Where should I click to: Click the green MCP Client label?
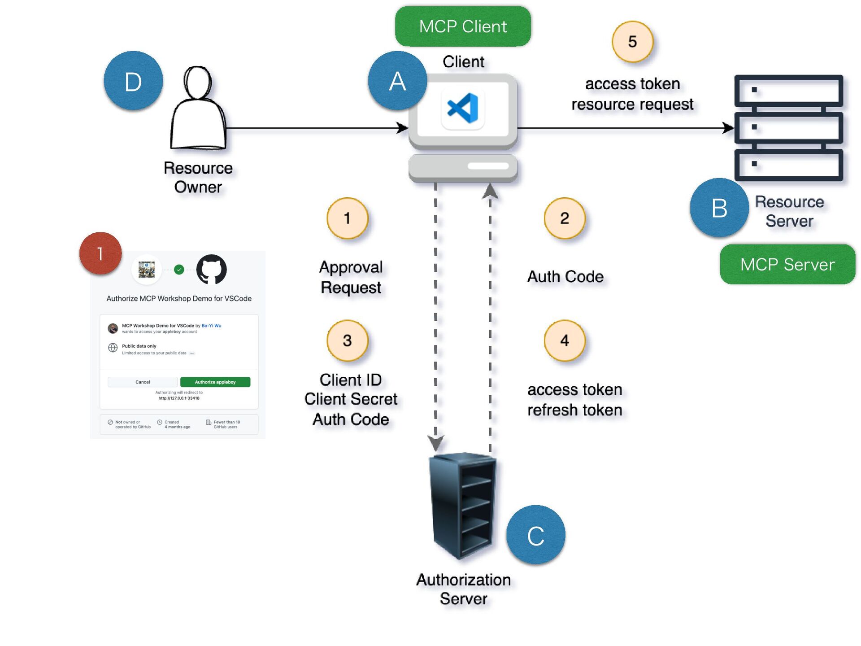(462, 26)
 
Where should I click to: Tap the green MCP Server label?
(787, 264)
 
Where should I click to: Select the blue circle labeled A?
(397, 81)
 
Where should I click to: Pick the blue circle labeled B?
(719, 208)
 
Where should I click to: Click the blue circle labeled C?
(535, 535)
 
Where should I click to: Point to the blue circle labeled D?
(133, 81)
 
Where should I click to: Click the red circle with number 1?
(100, 253)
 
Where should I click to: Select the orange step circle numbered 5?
(632, 42)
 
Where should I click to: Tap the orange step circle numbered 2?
(565, 218)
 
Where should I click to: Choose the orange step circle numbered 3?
(347, 340)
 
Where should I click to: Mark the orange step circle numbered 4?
(565, 340)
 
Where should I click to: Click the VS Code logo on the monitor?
(463, 108)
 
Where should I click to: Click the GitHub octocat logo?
(212, 269)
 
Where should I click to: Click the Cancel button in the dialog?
(143, 382)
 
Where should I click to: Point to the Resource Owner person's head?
(197, 83)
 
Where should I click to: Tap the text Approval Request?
(351, 277)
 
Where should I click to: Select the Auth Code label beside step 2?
(565, 277)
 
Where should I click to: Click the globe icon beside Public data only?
(113, 348)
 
